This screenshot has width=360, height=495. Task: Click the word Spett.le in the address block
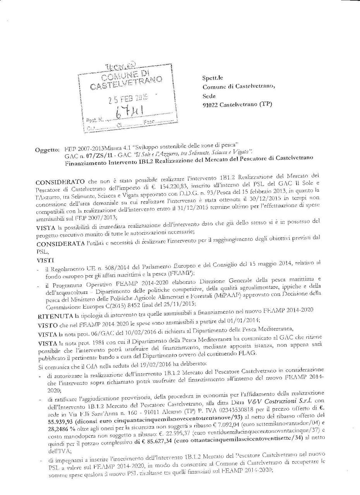coord(212,78)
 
